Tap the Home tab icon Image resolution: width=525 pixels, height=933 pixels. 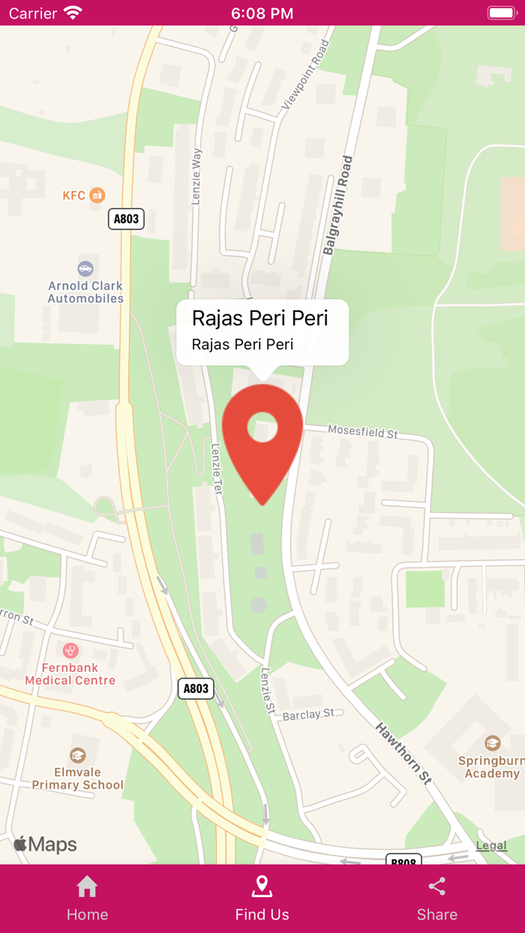(x=87, y=887)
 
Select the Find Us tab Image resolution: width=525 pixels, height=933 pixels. (x=262, y=898)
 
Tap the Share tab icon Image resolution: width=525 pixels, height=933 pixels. (x=437, y=887)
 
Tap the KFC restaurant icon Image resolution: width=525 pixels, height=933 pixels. (x=97, y=195)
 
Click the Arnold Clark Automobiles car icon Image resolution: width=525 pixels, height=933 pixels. (x=85, y=268)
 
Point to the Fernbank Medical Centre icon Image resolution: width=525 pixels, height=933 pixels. (x=70, y=650)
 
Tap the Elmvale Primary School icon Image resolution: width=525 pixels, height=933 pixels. (x=77, y=754)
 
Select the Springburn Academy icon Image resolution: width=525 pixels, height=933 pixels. (x=493, y=742)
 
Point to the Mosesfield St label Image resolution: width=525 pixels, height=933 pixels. (x=362, y=432)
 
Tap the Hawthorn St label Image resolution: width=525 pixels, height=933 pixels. (x=403, y=753)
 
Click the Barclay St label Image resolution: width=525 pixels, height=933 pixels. (x=308, y=715)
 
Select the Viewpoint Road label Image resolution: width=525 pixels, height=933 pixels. (x=305, y=76)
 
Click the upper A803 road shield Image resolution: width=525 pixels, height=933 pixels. (x=126, y=219)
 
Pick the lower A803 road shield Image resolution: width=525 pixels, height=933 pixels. (x=196, y=688)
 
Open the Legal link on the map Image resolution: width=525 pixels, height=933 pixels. (x=491, y=845)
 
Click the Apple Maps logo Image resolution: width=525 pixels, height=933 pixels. (x=46, y=844)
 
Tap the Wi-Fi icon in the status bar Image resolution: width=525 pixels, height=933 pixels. (x=73, y=13)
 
